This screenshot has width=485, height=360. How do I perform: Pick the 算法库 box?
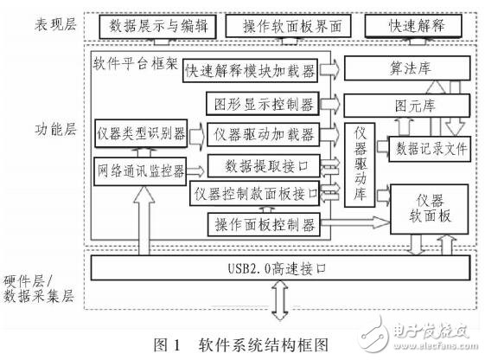pyautogui.click(x=407, y=68)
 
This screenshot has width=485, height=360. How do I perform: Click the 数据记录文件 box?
pyautogui.click(x=431, y=148)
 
